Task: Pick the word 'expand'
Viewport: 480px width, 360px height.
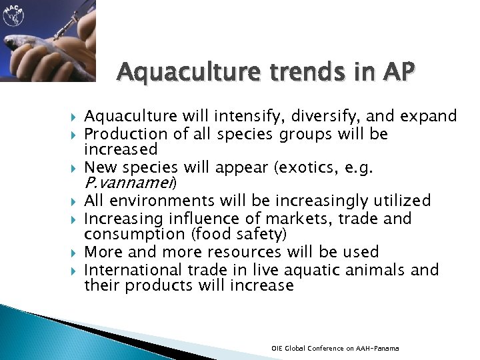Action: [x=429, y=117]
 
